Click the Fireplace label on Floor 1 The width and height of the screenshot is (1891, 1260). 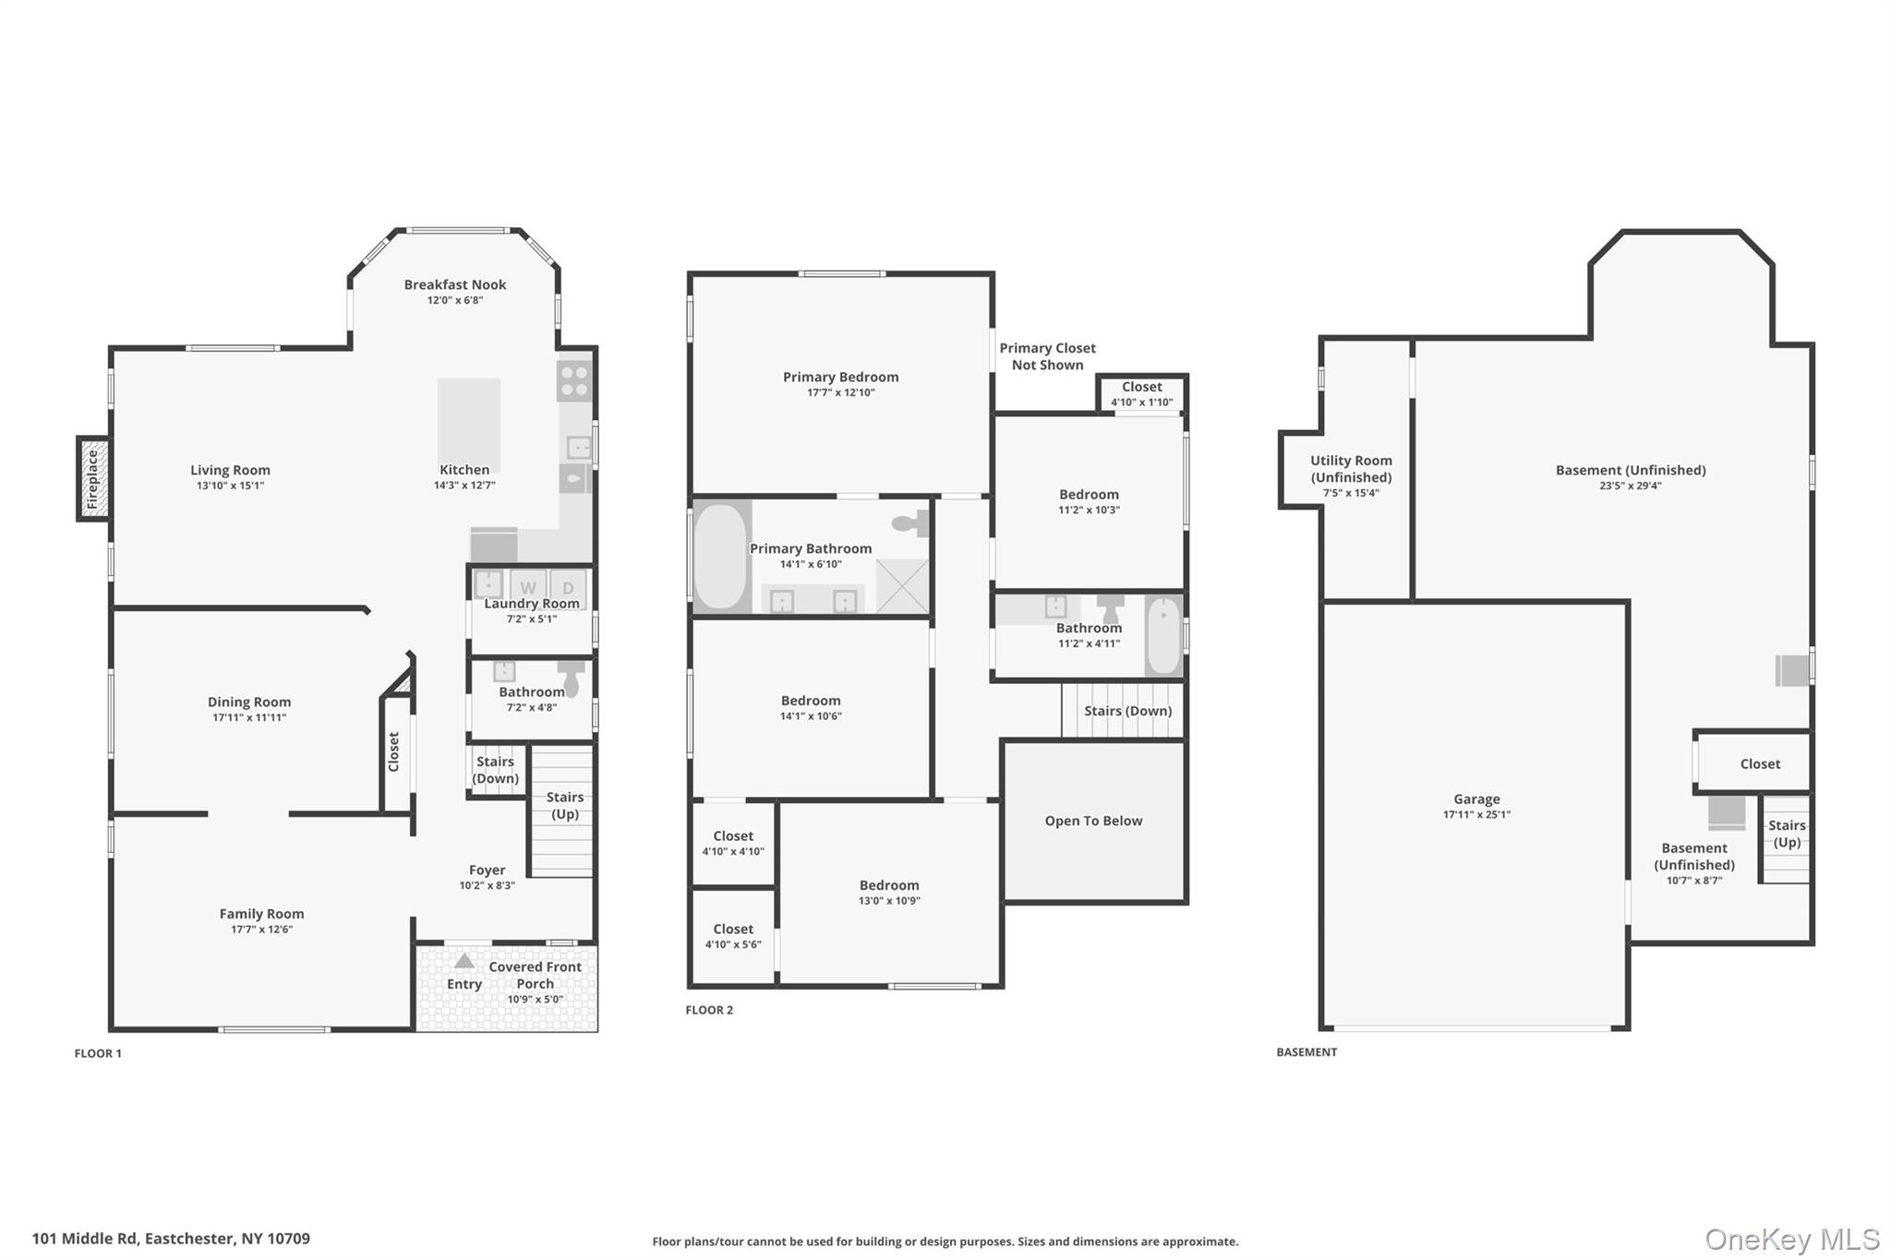point(92,479)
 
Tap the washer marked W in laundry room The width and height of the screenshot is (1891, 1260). point(528,587)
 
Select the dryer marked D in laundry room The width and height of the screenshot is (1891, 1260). point(568,587)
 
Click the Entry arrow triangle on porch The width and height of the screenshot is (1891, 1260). point(464,960)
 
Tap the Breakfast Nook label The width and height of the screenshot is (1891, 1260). point(455,284)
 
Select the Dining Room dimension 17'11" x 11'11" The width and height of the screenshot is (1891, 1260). point(248,717)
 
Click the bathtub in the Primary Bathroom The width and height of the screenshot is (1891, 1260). point(720,557)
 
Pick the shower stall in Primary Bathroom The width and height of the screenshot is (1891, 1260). point(901,587)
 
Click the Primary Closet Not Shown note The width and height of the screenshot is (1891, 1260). point(1047,356)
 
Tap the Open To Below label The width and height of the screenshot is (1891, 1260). point(1093,821)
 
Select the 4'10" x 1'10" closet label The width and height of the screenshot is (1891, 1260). point(1141,402)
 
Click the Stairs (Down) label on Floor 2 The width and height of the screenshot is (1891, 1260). point(1127,711)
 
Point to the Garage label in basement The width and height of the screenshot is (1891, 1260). point(1475,799)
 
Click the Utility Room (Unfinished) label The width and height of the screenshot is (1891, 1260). point(1351,468)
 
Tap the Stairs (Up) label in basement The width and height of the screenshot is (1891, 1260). point(1786,834)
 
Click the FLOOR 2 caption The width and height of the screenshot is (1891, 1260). point(708,1010)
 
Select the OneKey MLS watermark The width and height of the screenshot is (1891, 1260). point(1791,1239)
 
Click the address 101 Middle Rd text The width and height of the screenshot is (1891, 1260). point(171,1239)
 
